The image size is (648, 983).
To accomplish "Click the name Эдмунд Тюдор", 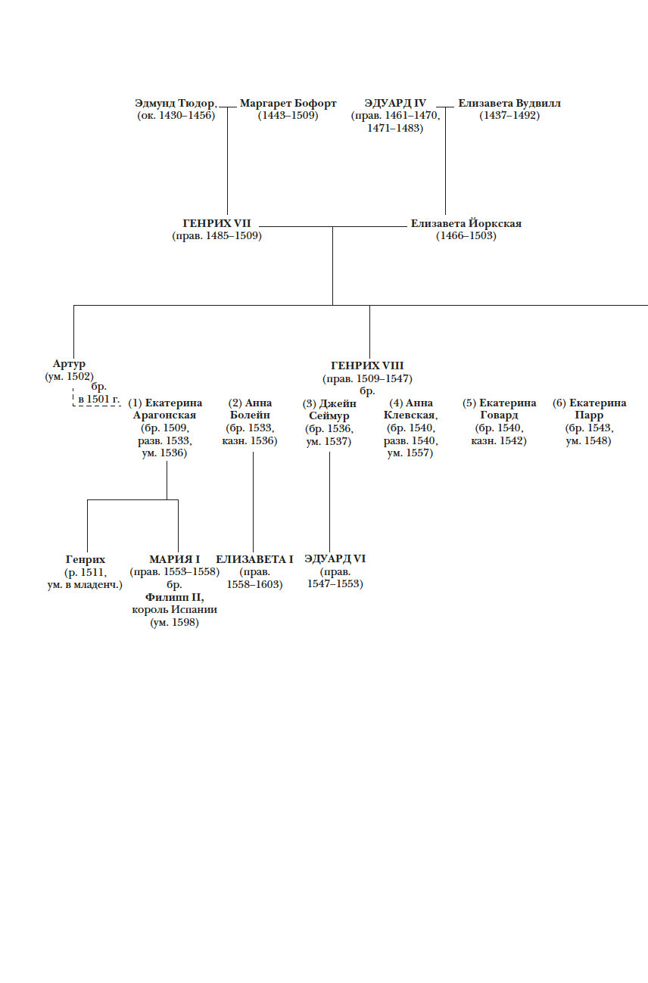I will pyautogui.click(x=176, y=104).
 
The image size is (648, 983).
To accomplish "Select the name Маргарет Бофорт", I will pyautogui.click(x=288, y=104).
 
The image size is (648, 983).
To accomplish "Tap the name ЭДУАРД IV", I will pyautogui.click(x=395, y=104).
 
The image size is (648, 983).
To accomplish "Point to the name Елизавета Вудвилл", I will pyautogui.click(x=509, y=104).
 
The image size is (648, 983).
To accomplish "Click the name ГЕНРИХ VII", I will pyautogui.click(x=217, y=224).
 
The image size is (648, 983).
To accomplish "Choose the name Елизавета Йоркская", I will pyautogui.click(x=466, y=224).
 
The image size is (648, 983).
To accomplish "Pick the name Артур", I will pyautogui.click(x=69, y=364).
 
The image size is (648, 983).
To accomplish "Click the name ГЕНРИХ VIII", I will pyautogui.click(x=367, y=366).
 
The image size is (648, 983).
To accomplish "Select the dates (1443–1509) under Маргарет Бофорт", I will pyautogui.click(x=288, y=116).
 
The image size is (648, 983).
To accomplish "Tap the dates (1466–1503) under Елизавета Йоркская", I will pyautogui.click(x=466, y=236).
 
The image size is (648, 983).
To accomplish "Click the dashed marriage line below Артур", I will pyautogui.click(x=97, y=406).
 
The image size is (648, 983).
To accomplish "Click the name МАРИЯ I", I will pyautogui.click(x=174, y=559).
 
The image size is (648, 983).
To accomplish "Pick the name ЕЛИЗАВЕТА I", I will pyautogui.click(x=254, y=559).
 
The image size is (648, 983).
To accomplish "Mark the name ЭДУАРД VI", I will pyautogui.click(x=335, y=559).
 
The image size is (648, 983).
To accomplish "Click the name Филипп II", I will pyautogui.click(x=174, y=597).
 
